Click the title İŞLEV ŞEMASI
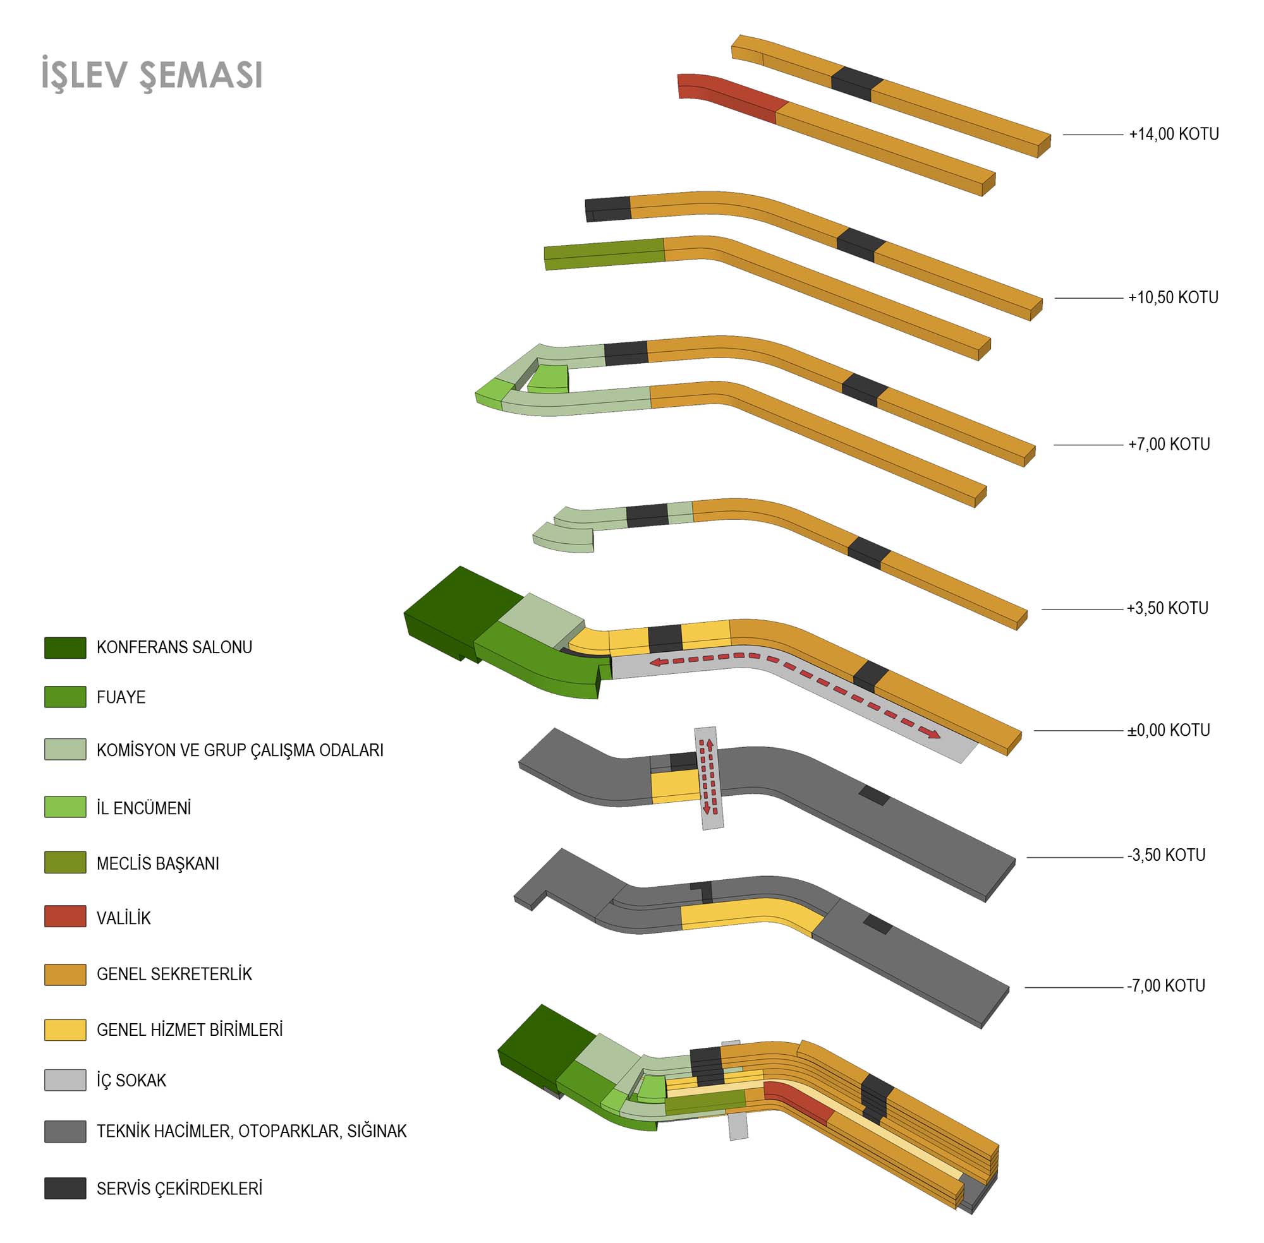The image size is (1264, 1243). (152, 75)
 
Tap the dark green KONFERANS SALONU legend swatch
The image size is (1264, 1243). (64, 647)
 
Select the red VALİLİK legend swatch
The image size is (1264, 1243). (64, 916)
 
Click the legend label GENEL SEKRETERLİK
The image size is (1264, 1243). (174, 974)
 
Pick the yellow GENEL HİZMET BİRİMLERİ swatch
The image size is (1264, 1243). (64, 1030)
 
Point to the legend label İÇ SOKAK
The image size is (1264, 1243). (131, 1081)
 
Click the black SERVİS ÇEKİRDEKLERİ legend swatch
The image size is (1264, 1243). (64, 1188)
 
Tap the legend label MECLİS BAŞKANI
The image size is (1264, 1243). (157, 863)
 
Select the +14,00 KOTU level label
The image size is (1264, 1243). (1173, 134)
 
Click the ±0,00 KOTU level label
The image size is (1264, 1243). (1168, 730)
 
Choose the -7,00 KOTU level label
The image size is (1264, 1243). (1165, 985)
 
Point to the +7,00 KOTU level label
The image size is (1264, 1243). (1169, 444)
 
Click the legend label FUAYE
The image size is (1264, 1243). (121, 697)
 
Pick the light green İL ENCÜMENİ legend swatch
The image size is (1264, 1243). (64, 807)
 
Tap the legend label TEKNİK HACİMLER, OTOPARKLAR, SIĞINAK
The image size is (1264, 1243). (252, 1131)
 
